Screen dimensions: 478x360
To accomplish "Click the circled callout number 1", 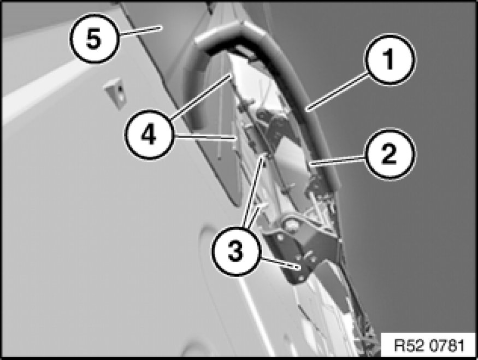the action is point(390,59).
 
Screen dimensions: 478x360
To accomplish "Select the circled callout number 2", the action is point(390,154).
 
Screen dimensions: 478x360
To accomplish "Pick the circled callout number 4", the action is point(149,134).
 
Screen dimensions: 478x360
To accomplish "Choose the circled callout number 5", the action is point(94,38).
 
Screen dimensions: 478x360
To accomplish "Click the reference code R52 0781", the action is point(429,345).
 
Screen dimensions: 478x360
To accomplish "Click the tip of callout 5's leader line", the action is point(161,28).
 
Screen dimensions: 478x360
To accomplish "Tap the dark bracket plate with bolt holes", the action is point(302,256).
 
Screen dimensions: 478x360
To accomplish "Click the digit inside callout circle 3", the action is point(235,252).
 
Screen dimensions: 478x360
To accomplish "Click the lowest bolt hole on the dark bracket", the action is point(300,278).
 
